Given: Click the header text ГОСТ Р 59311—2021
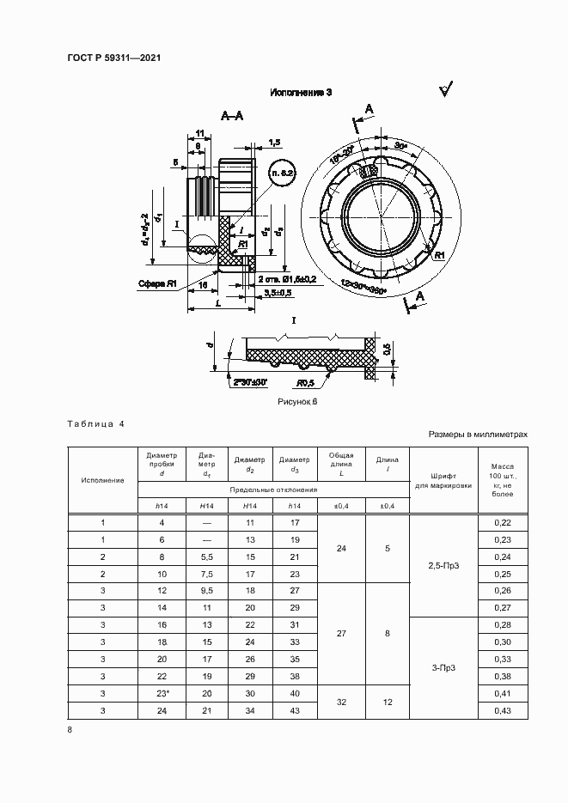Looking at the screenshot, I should click(x=113, y=58).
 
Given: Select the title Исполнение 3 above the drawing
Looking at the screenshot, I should click(x=301, y=92).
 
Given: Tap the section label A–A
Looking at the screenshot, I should click(x=231, y=114).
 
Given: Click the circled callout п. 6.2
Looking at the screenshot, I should click(x=283, y=174).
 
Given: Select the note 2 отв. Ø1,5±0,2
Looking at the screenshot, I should click(x=287, y=280).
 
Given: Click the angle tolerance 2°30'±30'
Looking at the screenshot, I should click(x=249, y=381).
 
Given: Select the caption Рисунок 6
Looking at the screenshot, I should click(x=297, y=401).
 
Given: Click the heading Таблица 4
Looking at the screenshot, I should click(x=95, y=424).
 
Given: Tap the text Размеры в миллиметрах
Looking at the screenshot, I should click(x=478, y=435).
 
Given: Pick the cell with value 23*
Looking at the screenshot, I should click(x=162, y=694).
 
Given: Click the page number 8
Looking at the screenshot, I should click(x=70, y=730).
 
